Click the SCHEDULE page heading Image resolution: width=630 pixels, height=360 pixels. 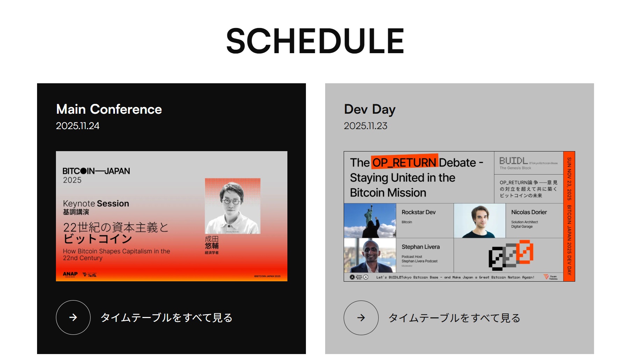tap(315, 41)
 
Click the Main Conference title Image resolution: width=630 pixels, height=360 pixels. tap(109, 109)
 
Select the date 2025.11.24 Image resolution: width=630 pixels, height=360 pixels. tap(78, 126)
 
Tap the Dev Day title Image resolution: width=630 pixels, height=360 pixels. tap(370, 109)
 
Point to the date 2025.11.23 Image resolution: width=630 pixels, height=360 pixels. tap(365, 126)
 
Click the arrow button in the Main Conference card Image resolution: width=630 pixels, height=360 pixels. tap(73, 317)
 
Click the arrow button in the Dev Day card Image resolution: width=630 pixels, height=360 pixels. tap(361, 318)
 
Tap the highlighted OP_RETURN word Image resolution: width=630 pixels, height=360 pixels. tap(404, 163)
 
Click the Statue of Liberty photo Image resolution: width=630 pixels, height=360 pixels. tap(370, 221)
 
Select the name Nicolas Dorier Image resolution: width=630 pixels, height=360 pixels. tap(529, 212)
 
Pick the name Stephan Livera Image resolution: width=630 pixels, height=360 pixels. tap(420, 247)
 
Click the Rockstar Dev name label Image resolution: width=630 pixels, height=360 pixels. tap(418, 212)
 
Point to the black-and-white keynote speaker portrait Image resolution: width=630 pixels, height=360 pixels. tap(232, 206)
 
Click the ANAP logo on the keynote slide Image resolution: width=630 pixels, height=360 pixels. tap(70, 274)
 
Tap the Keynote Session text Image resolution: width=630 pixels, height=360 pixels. tap(96, 204)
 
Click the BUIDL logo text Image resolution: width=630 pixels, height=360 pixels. tap(513, 161)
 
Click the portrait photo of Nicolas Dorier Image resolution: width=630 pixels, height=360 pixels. tap(480, 221)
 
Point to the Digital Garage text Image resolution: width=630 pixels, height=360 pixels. tap(522, 227)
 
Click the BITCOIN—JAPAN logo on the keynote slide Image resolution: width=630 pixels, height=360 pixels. tap(96, 171)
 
